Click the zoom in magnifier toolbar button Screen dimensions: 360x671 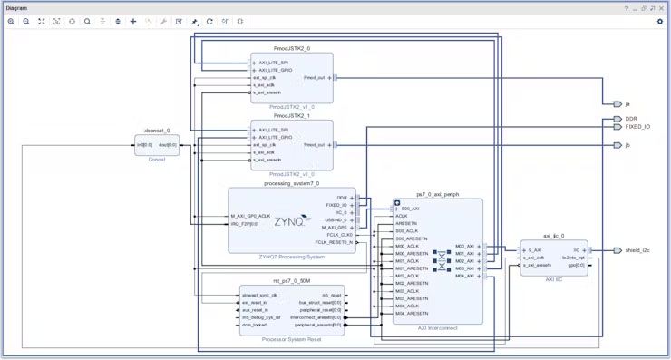(x=11, y=21)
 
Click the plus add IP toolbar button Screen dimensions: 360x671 (x=133, y=21)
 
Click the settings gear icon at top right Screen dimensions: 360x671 (x=659, y=21)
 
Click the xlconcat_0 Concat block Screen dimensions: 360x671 (x=157, y=145)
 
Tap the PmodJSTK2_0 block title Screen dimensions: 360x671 (x=292, y=47)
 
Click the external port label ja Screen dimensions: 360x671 (x=627, y=103)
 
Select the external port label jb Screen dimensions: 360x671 (x=627, y=145)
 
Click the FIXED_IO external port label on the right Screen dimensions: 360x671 (x=637, y=127)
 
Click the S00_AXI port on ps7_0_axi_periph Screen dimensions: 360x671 (x=410, y=209)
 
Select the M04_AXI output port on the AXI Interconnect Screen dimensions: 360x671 (x=464, y=276)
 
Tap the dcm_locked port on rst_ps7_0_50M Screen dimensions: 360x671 (x=255, y=325)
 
